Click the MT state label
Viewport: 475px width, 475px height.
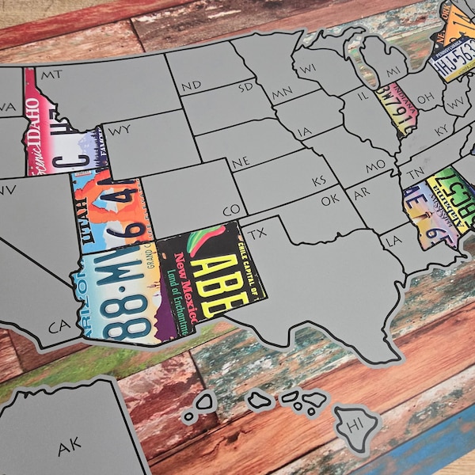(x=52, y=74)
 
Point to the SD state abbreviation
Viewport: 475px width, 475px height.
(x=245, y=85)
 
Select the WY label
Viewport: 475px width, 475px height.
(x=121, y=129)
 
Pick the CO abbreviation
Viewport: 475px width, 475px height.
(x=232, y=211)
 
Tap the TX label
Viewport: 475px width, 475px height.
(x=257, y=235)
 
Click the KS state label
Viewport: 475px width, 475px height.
(x=319, y=181)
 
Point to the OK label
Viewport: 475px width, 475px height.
(x=330, y=200)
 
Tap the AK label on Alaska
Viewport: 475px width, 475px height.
(x=70, y=447)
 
